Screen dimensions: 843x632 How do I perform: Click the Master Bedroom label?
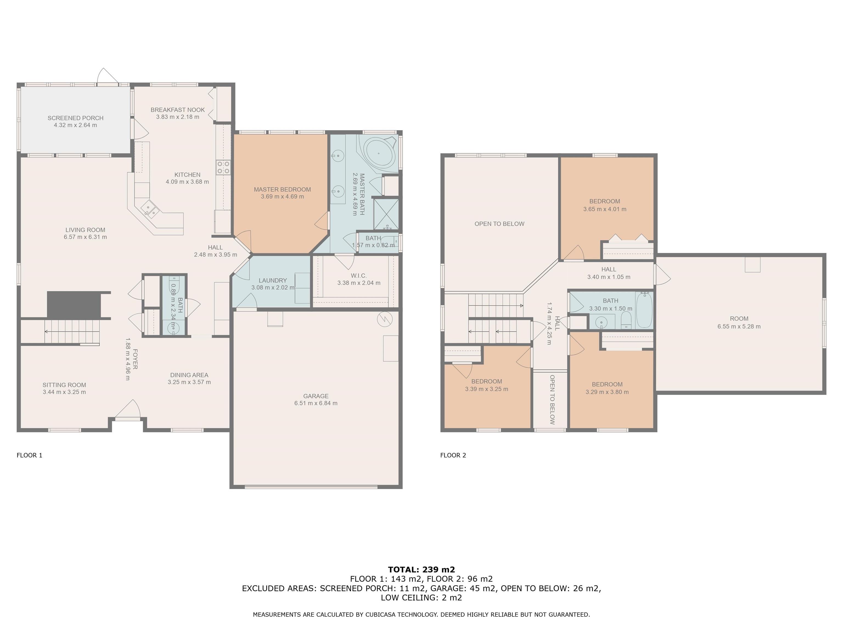[x=282, y=189]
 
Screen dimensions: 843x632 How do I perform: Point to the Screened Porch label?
[x=75, y=118]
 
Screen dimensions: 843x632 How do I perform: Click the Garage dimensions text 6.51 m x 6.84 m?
[x=316, y=403]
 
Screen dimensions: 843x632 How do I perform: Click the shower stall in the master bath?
[x=386, y=214]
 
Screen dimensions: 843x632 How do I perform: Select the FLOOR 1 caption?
[x=29, y=455]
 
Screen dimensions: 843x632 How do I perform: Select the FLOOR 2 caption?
[x=453, y=455]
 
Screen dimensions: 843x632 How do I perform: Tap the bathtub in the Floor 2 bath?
[x=644, y=310]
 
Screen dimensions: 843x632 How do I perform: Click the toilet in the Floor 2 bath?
[x=626, y=320]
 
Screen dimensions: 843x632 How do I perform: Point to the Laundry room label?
[x=272, y=280]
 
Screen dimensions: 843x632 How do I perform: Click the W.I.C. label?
[x=359, y=275]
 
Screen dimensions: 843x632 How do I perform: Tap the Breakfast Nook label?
[x=178, y=110]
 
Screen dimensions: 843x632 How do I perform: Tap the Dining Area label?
[x=189, y=375]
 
